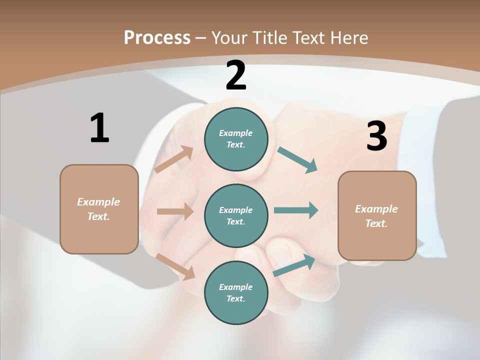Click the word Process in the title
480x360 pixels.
point(157,38)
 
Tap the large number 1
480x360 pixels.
point(99,128)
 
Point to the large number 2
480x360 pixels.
point(236,75)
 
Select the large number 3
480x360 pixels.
point(376,136)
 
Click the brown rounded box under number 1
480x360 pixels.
point(99,209)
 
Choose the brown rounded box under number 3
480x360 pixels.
point(377,215)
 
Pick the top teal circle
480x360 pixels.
point(236,138)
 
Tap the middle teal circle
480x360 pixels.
point(236,215)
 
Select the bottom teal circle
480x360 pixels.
point(236,292)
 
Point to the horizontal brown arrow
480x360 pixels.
point(175,211)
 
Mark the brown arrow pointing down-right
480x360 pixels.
point(175,266)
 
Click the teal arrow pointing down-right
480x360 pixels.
point(297,160)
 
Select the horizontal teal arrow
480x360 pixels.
point(296,210)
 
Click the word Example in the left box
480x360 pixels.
point(98,202)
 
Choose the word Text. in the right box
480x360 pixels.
point(376,223)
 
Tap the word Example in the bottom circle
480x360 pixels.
point(235,287)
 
